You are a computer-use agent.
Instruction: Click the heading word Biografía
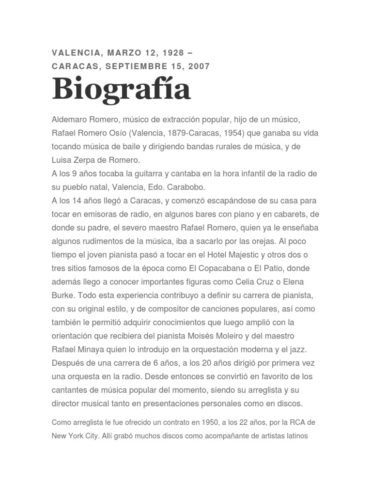(x=121, y=90)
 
